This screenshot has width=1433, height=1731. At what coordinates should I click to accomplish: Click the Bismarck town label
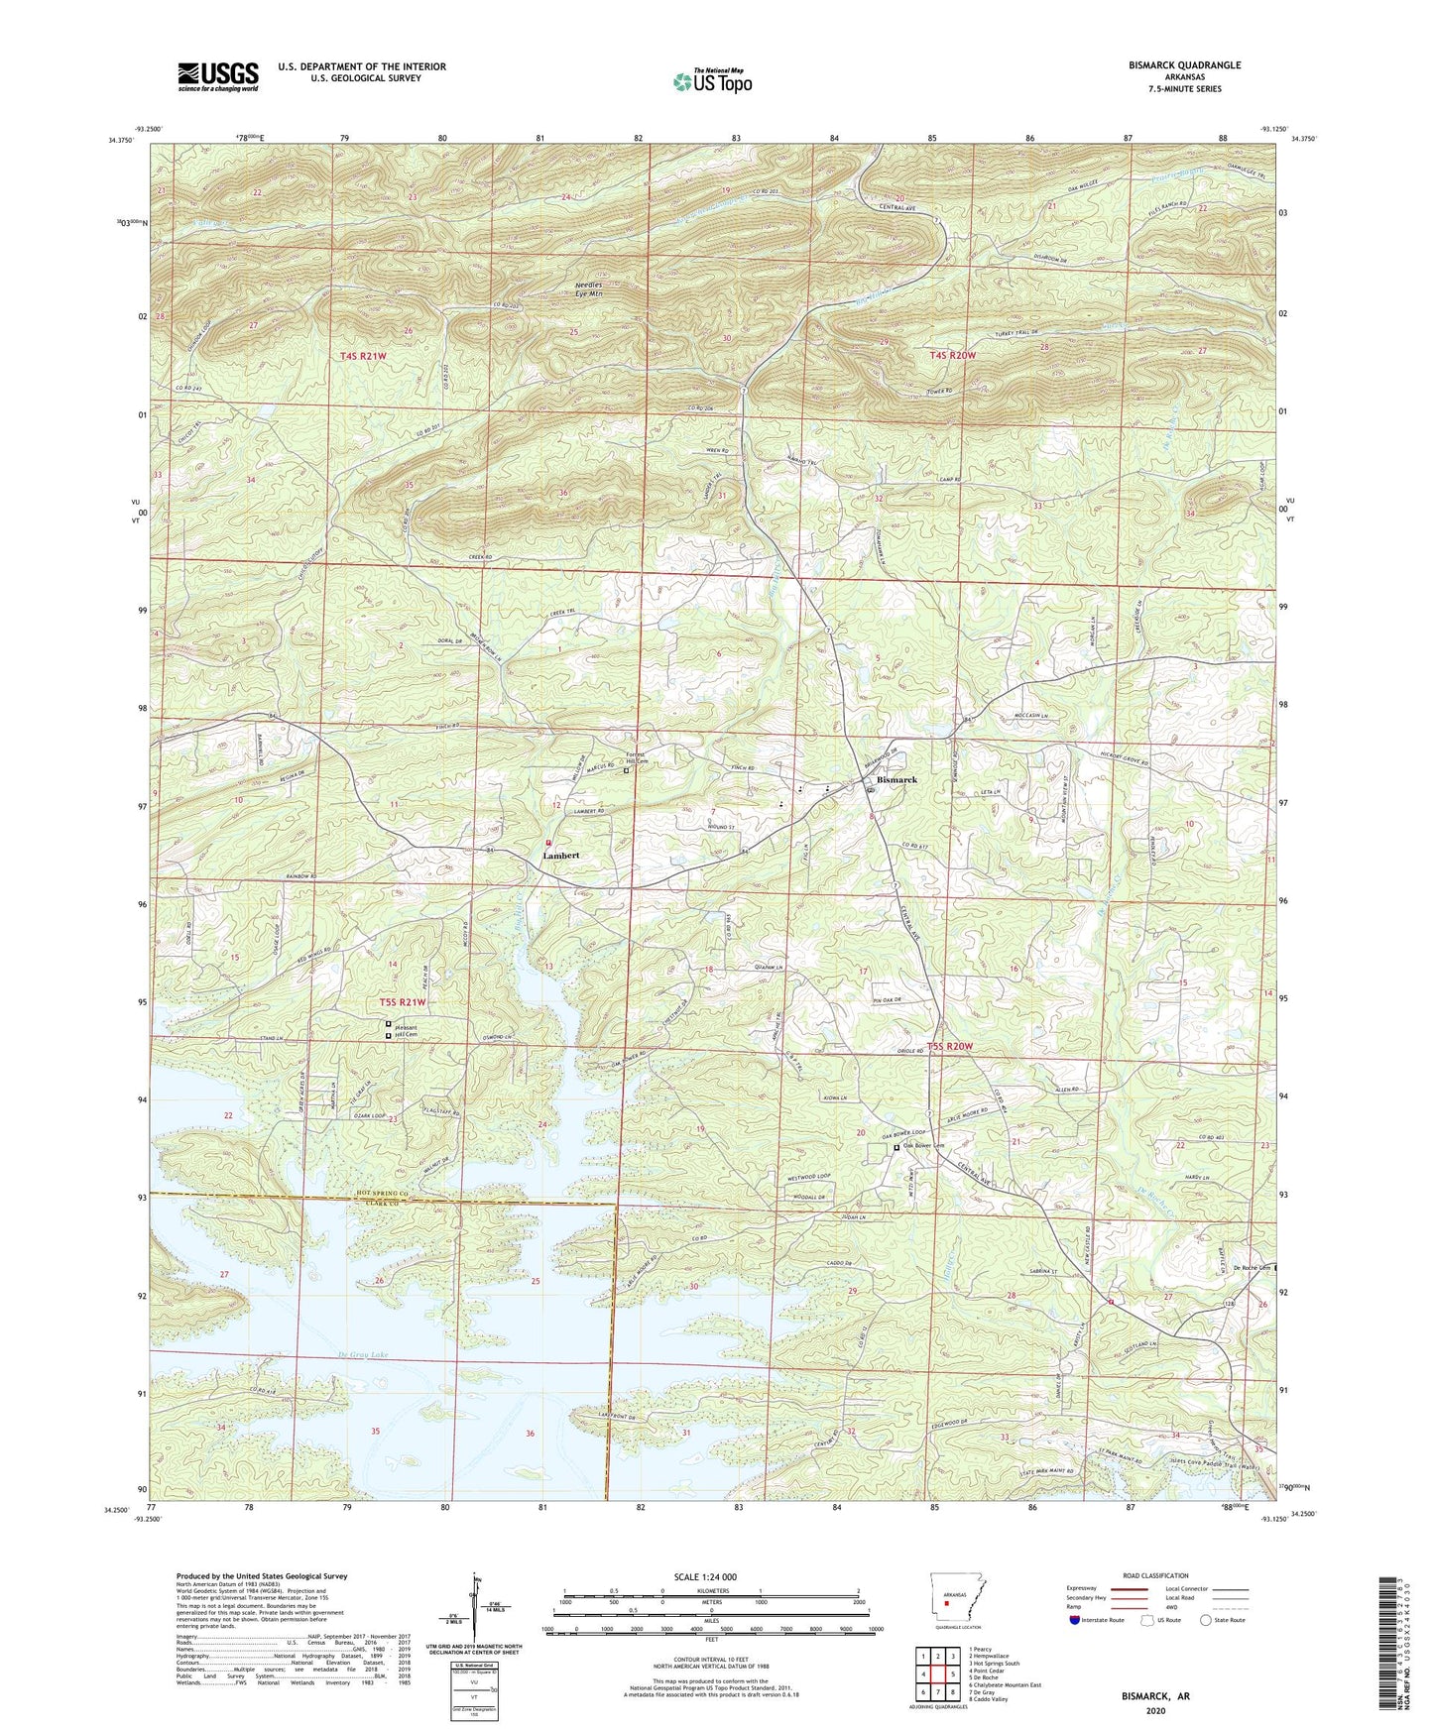[x=896, y=780]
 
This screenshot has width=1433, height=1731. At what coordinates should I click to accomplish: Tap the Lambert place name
[x=560, y=855]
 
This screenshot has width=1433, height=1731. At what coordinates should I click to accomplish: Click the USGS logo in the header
[x=218, y=76]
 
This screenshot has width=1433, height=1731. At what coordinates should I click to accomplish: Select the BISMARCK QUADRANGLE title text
[x=1184, y=65]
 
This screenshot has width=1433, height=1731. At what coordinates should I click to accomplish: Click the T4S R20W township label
[x=953, y=354]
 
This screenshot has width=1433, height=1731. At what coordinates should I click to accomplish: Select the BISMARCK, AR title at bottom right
[x=1155, y=1696]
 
